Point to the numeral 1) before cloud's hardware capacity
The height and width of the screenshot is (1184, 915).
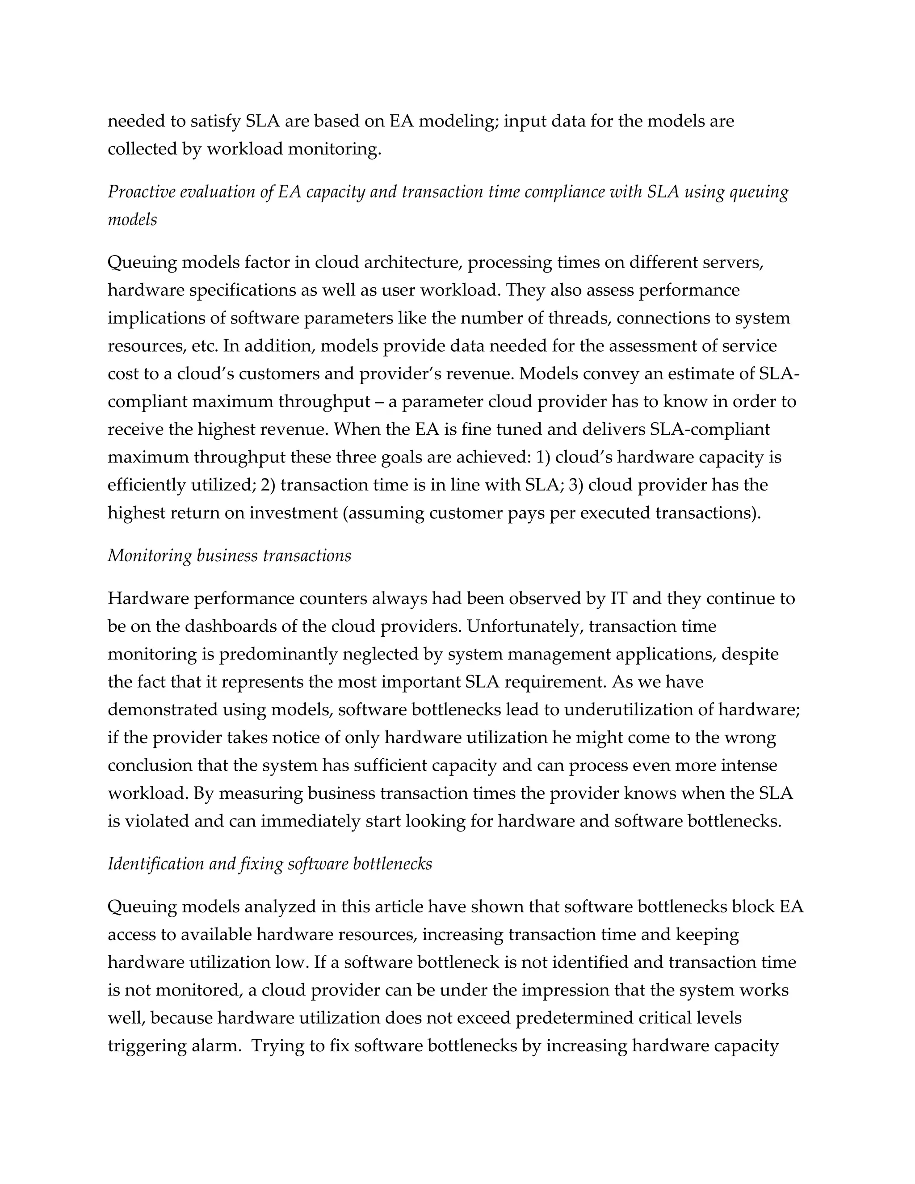click(x=542, y=457)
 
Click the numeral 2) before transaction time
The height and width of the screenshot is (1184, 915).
click(x=268, y=485)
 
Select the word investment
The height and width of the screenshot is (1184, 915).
click(x=293, y=513)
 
